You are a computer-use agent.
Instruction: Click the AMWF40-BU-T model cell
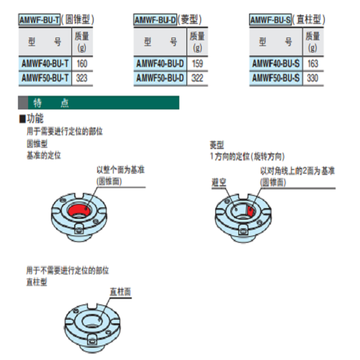(x=45, y=63)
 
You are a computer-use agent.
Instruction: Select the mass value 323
(x=81, y=78)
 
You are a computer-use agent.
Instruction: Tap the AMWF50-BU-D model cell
(x=160, y=78)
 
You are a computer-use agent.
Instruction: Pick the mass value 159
(x=197, y=63)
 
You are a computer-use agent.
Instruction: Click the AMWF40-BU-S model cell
(x=276, y=63)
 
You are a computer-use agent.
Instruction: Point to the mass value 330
(x=312, y=78)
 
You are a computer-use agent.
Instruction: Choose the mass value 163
(x=312, y=63)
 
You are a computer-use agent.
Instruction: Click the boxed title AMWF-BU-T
(x=40, y=19)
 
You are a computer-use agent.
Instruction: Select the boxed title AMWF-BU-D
(x=156, y=19)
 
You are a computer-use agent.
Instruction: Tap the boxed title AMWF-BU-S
(x=270, y=19)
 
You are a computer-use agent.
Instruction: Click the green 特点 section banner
(x=99, y=103)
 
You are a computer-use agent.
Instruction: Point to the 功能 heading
(x=35, y=118)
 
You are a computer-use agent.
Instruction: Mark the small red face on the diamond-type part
(x=250, y=211)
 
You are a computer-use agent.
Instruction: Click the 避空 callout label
(x=219, y=183)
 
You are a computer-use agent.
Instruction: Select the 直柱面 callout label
(x=120, y=292)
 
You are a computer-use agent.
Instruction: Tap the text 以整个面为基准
(x=120, y=170)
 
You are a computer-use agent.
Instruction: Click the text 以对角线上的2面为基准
(x=297, y=171)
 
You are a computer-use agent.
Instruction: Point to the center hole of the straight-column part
(x=92, y=322)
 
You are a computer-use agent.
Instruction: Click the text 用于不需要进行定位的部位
(x=68, y=271)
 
